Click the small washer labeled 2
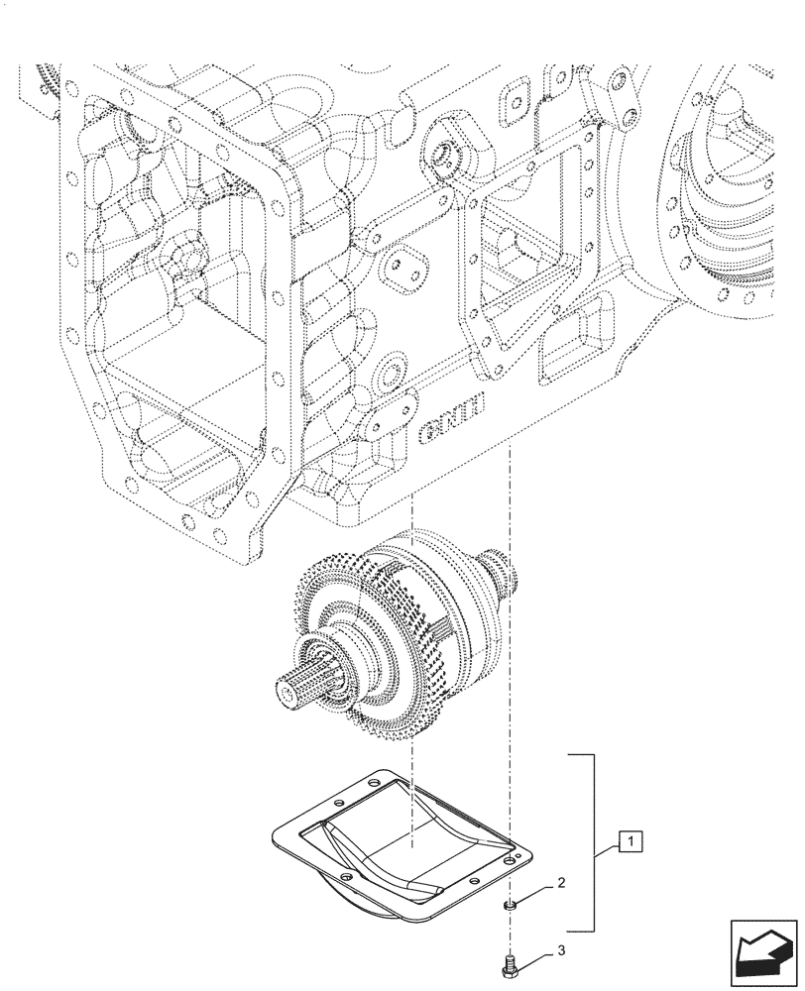tap(509, 904)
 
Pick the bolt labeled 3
tap(509, 962)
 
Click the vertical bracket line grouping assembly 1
tap(594, 842)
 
